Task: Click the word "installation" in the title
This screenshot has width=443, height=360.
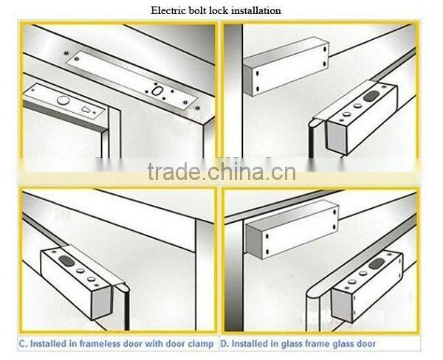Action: click(256, 10)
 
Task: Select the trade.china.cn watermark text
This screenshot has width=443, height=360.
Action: click(221, 171)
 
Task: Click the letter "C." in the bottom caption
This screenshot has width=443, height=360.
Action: click(23, 344)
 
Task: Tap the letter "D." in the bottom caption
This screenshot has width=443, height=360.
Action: click(224, 344)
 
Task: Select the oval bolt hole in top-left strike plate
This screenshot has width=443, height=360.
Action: click(156, 91)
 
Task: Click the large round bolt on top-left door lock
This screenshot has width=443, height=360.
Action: click(63, 100)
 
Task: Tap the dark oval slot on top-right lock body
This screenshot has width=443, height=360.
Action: click(371, 96)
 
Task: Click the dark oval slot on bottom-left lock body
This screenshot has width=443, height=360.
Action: click(66, 260)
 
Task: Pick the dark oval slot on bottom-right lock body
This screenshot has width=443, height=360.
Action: click(377, 263)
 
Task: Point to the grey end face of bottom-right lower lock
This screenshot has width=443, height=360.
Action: click(342, 305)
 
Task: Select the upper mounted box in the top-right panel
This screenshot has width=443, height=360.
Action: click(286, 66)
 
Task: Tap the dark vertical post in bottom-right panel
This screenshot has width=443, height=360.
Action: click(233, 275)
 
